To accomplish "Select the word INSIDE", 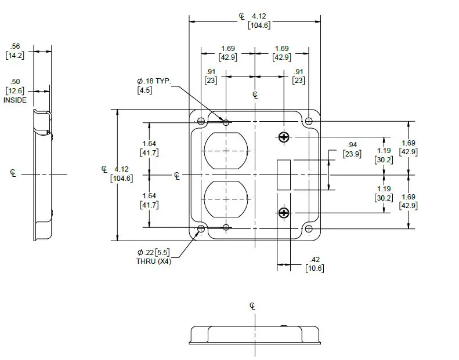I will pyautogui.click(x=15, y=100).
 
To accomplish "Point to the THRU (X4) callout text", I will pyautogui.click(x=154, y=261).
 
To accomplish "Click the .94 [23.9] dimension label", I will pyautogui.click(x=352, y=150).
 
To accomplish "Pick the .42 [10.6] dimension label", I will pyautogui.click(x=315, y=263).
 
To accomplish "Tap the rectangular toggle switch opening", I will pyautogui.click(x=284, y=174).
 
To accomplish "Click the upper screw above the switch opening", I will pyautogui.click(x=284, y=137).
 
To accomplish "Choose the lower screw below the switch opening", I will pyautogui.click(x=284, y=213).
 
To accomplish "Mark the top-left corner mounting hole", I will pyautogui.click(x=201, y=121).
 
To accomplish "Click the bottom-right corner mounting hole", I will pyautogui.click(x=309, y=229).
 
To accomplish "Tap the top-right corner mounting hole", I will pyautogui.click(x=309, y=121).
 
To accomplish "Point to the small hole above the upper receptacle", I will pyautogui.click(x=226, y=122).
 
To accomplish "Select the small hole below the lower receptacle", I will pyautogui.click(x=226, y=228).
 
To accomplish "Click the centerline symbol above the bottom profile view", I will pyautogui.click(x=252, y=306).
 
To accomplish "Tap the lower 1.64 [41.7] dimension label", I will pyautogui.click(x=149, y=201).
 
